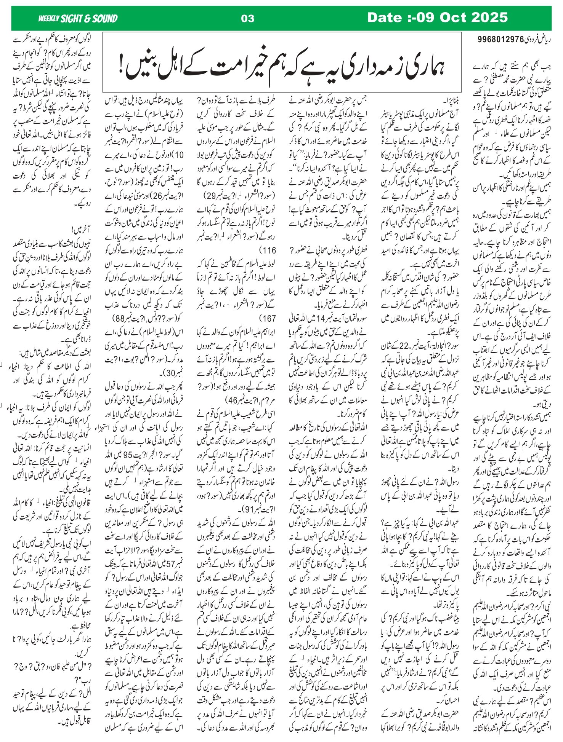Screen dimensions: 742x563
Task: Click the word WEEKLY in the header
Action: (48, 18)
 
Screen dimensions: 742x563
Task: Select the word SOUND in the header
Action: (106, 18)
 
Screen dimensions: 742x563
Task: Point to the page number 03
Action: (248, 19)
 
